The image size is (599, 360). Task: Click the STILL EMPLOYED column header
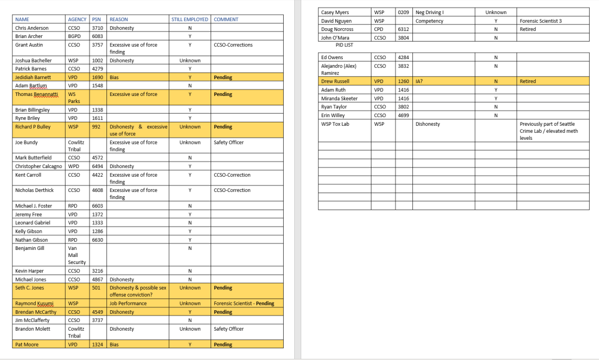pos(190,19)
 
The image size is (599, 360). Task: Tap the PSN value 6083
pos(97,36)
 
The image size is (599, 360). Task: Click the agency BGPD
pos(75,36)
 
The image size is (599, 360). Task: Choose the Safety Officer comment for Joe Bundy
pos(229,142)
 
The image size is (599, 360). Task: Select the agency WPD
pos(74,166)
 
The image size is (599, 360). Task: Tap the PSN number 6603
pos(97,206)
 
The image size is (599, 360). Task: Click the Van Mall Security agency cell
pos(77,255)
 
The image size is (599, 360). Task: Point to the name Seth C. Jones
pos(30,288)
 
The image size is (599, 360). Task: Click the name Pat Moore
pos(27,345)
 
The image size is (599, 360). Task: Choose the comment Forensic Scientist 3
pos(540,21)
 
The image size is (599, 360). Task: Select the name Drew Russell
pos(335,81)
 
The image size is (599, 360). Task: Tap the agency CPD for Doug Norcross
pos(379,29)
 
